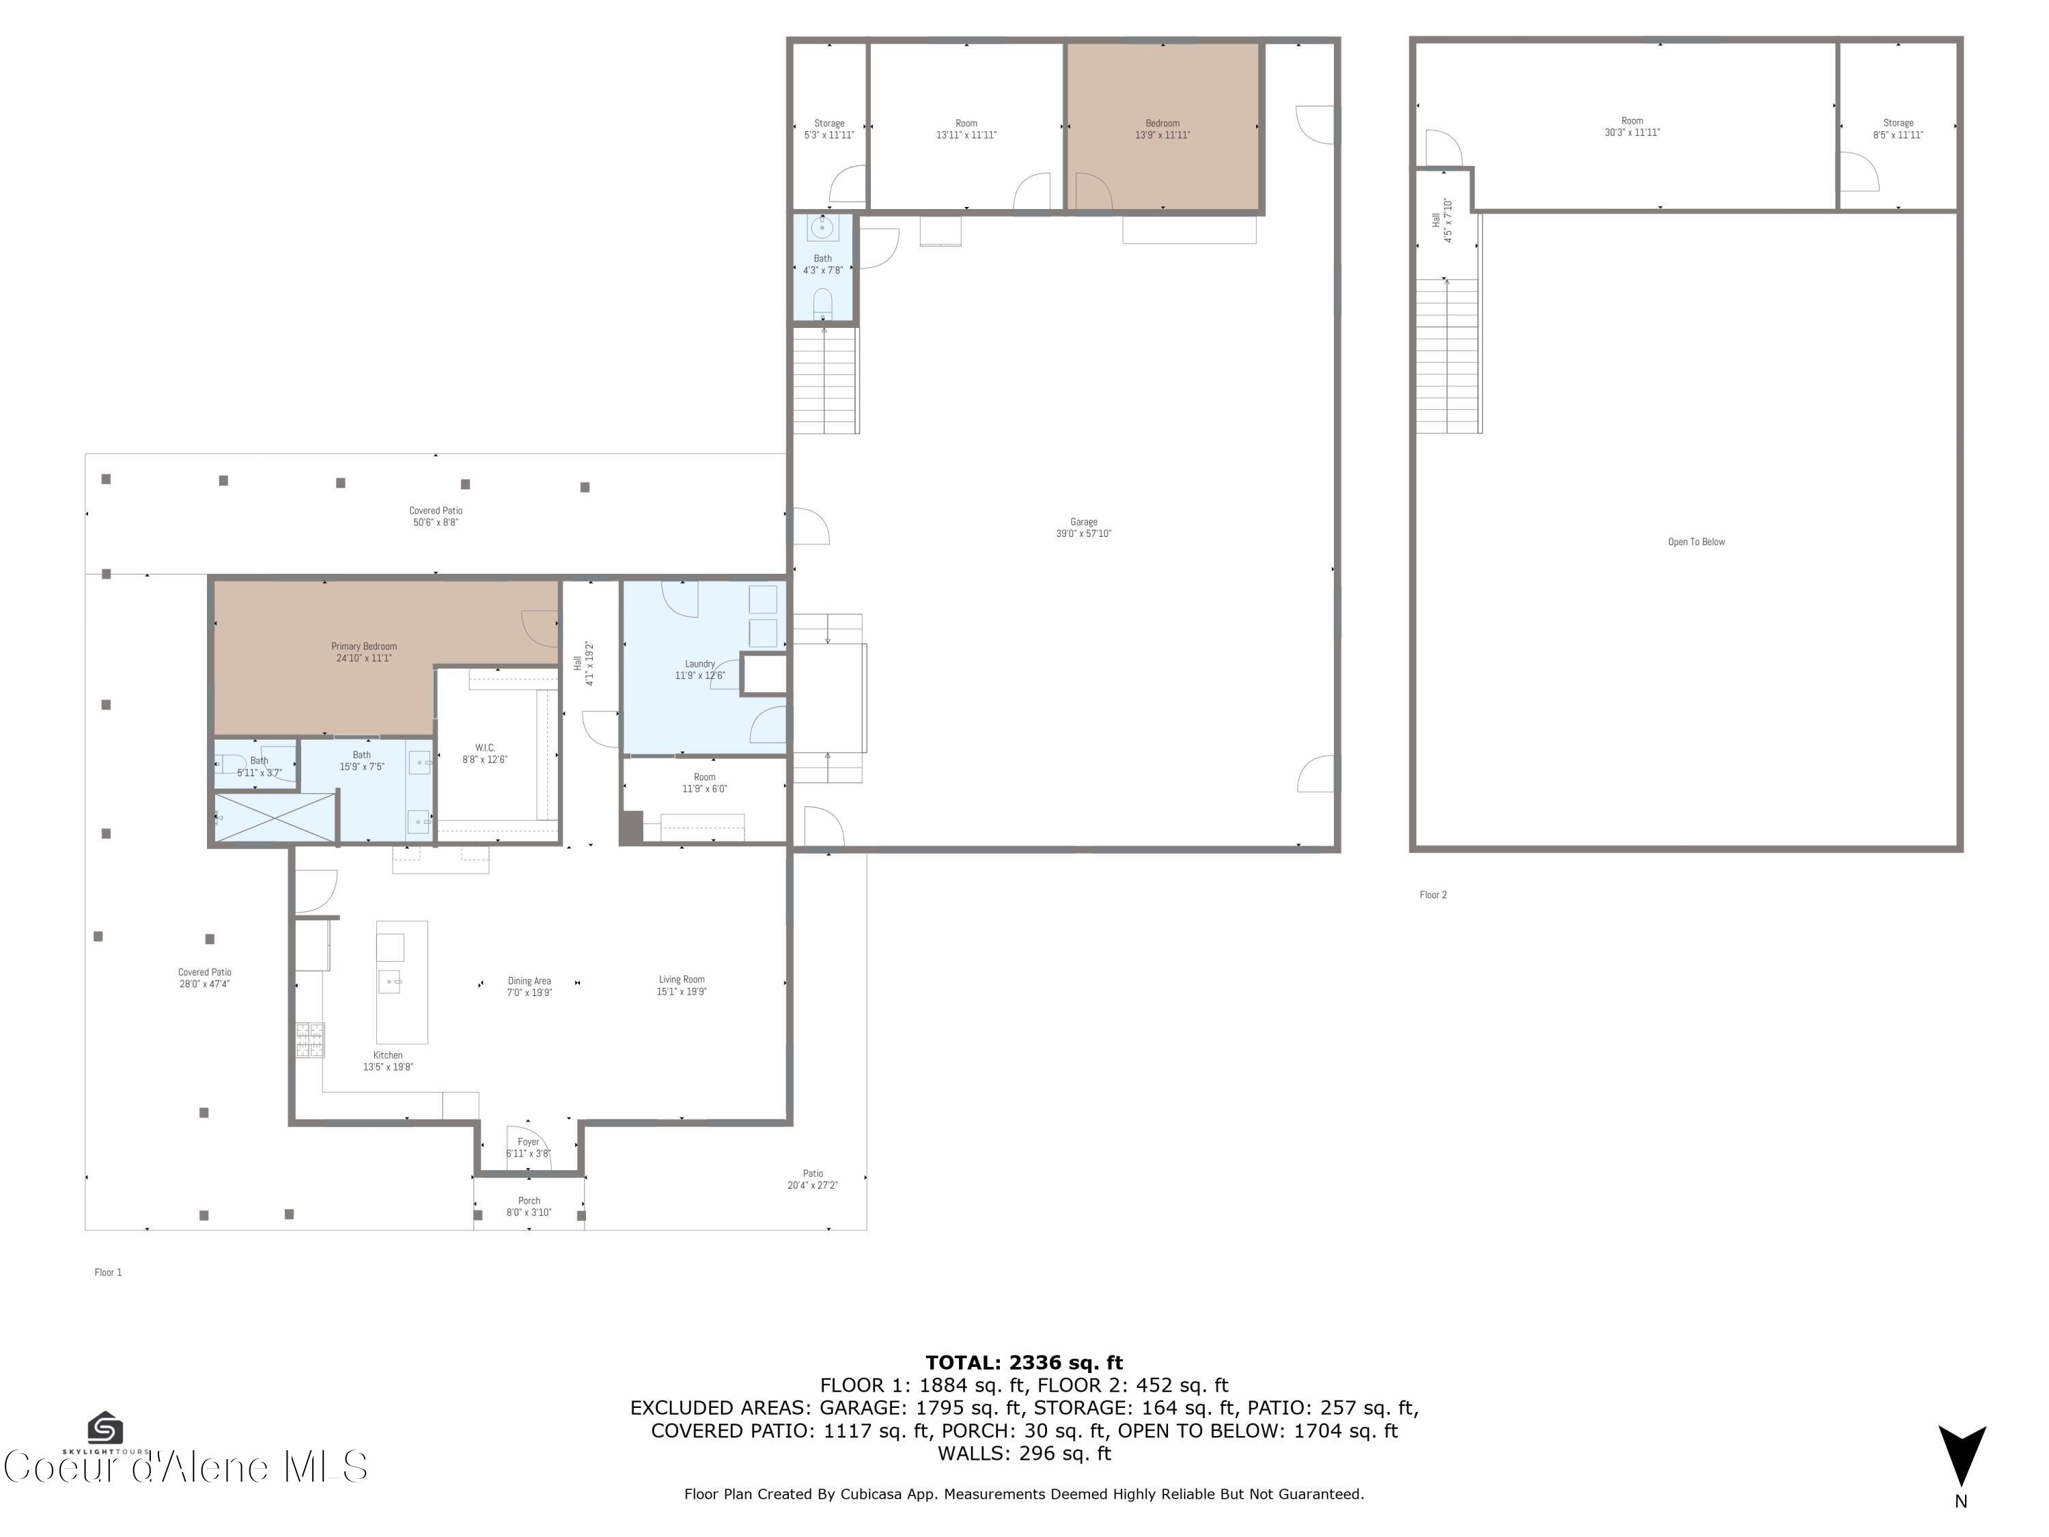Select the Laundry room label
tap(699, 669)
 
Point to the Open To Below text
tap(1696, 542)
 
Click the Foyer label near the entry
tap(528, 1147)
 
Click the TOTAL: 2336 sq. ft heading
tap(1024, 1363)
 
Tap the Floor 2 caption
tap(1433, 895)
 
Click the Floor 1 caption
tap(109, 1272)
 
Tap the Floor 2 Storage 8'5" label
tap(1898, 129)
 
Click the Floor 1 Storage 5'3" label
tap(829, 129)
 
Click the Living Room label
tap(682, 985)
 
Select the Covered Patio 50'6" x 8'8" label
tap(435, 516)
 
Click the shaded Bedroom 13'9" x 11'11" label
tap(1162, 129)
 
